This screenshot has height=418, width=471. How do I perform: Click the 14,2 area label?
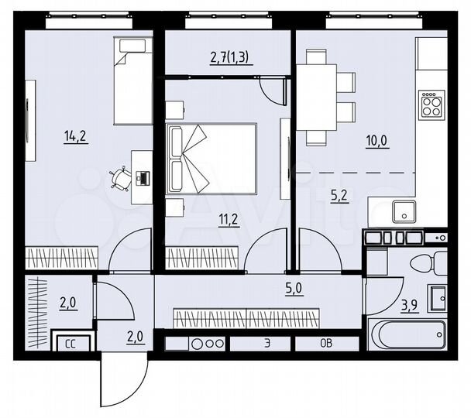click(75, 137)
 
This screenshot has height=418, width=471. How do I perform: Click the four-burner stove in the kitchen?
click(431, 104)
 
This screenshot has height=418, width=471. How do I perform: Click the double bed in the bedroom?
click(211, 159)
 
